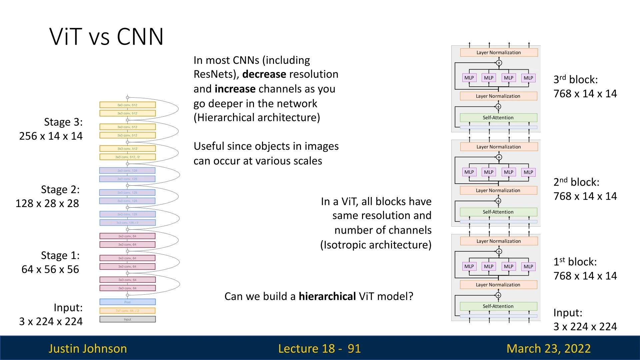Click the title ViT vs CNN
pyautogui.click(x=106, y=36)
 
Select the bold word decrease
pyautogui.click(x=264, y=74)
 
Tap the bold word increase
pyautogui.click(x=235, y=89)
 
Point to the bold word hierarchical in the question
pyautogui.click(x=327, y=296)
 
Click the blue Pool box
pyautogui.click(x=127, y=302)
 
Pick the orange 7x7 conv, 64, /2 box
pyautogui.click(x=127, y=311)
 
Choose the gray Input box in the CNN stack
pyautogui.click(x=127, y=319)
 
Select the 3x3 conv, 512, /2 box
pyautogui.click(x=127, y=157)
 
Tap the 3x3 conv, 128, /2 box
pyautogui.click(x=127, y=223)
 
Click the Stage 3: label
pyautogui.click(x=63, y=122)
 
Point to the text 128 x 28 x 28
pyautogui.click(x=47, y=203)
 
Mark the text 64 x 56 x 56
pyautogui.click(x=50, y=269)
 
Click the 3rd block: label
pyautogui.click(x=575, y=79)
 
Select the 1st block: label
pyautogui.click(x=575, y=262)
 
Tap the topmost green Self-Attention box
pyautogui.click(x=498, y=118)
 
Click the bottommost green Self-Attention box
pyautogui.click(x=498, y=306)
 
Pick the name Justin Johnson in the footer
pyautogui.click(x=88, y=348)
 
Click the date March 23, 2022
pyautogui.click(x=548, y=348)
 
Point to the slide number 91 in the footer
pyautogui.click(x=354, y=348)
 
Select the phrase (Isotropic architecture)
pyautogui.click(x=376, y=245)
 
